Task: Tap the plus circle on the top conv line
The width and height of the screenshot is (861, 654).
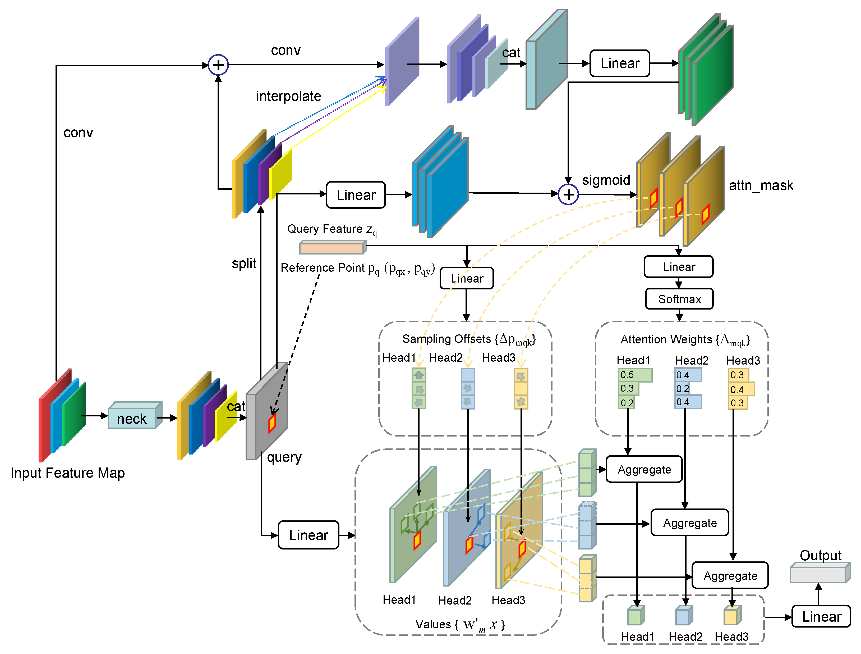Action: click(x=218, y=65)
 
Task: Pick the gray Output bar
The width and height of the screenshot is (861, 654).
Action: click(x=819, y=573)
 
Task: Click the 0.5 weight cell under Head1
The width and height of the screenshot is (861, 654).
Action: click(x=634, y=375)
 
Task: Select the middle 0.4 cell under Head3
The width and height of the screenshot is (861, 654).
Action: click(x=741, y=389)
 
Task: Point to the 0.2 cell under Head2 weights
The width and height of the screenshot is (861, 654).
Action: click(x=682, y=388)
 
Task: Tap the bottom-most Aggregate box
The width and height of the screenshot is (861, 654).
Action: click(x=730, y=575)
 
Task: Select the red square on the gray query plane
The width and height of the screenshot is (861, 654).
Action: click(x=272, y=423)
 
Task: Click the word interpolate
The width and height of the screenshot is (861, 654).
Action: click(x=288, y=96)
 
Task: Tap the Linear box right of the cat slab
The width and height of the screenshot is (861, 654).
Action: click(x=619, y=63)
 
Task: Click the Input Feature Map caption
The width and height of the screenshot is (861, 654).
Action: click(x=68, y=473)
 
